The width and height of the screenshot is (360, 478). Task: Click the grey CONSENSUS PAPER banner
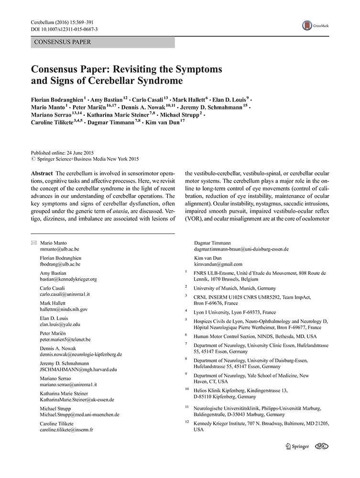(x=103, y=43)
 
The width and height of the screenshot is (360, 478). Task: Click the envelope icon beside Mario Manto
(x=33, y=243)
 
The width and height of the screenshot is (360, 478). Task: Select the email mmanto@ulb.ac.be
(x=60, y=250)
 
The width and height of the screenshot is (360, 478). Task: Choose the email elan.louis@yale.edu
(x=60, y=324)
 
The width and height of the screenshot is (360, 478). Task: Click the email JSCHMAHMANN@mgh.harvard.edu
(x=78, y=369)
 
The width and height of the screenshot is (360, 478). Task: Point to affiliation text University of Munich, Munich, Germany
(x=234, y=288)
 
